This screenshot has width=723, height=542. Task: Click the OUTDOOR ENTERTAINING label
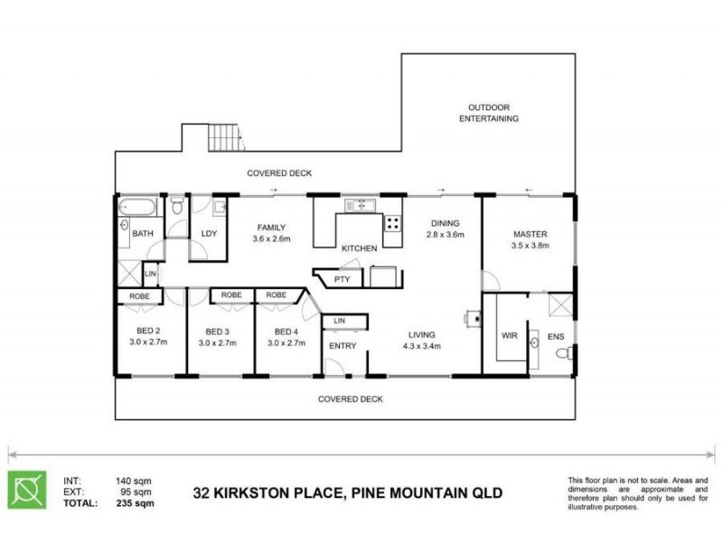(488, 112)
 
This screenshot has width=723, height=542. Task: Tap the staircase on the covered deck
(226, 138)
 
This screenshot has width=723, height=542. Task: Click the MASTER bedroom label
(530, 234)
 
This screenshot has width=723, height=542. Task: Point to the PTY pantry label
(342, 279)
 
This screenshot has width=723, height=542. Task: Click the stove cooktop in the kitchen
(393, 222)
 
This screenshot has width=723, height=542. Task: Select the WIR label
(509, 337)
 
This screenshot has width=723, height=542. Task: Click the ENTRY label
(343, 346)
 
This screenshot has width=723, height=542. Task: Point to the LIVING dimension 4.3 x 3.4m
(420, 345)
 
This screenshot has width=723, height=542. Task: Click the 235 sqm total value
(135, 503)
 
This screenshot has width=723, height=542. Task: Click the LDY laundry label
(209, 235)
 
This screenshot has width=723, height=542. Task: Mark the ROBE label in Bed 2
(139, 295)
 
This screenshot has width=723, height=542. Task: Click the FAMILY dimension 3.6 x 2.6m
(271, 239)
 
